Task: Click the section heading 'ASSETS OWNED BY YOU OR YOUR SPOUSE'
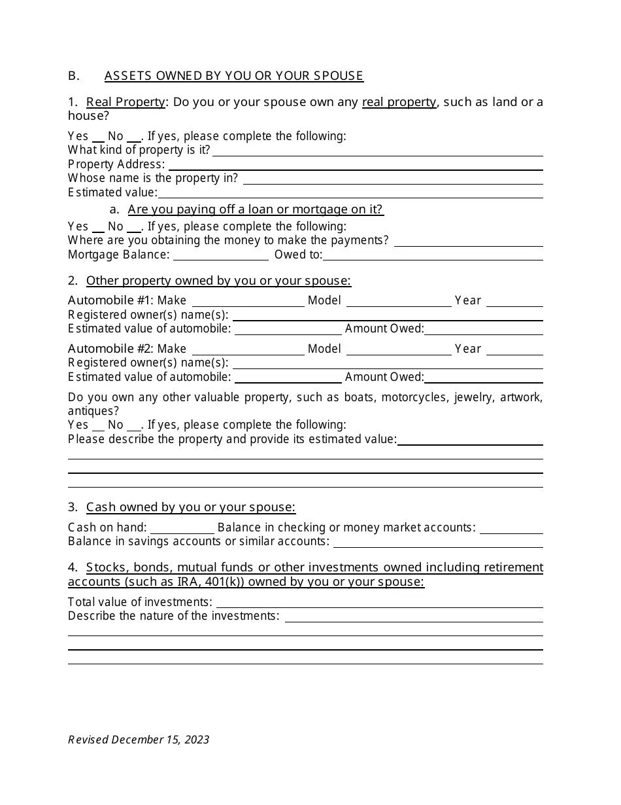(x=233, y=76)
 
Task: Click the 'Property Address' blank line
(x=354, y=165)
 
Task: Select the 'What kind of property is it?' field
(x=378, y=151)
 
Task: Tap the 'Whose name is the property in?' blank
(x=393, y=179)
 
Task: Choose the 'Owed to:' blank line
(x=433, y=255)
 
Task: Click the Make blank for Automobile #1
(x=248, y=301)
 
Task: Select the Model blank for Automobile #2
(x=399, y=349)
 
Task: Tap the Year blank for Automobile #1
(x=514, y=301)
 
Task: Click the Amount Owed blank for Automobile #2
(x=484, y=378)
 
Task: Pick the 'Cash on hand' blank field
(x=182, y=528)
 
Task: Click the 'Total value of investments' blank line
(x=380, y=603)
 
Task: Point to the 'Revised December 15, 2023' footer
(x=139, y=740)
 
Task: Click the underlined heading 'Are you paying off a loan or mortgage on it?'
(x=256, y=209)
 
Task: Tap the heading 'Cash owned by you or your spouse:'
(x=191, y=507)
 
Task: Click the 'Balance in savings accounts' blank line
(x=438, y=542)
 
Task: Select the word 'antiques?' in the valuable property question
(x=93, y=411)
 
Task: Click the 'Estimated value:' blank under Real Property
(x=350, y=193)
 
